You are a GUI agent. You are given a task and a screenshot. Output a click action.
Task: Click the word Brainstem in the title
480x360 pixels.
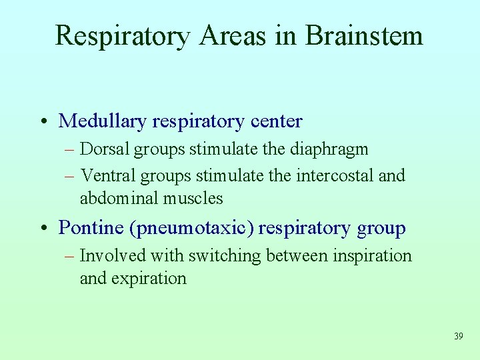tap(364, 35)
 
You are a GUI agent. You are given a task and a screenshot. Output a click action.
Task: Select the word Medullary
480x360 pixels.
tap(103, 121)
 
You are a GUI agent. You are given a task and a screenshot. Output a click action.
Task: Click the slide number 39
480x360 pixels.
tap(458, 337)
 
